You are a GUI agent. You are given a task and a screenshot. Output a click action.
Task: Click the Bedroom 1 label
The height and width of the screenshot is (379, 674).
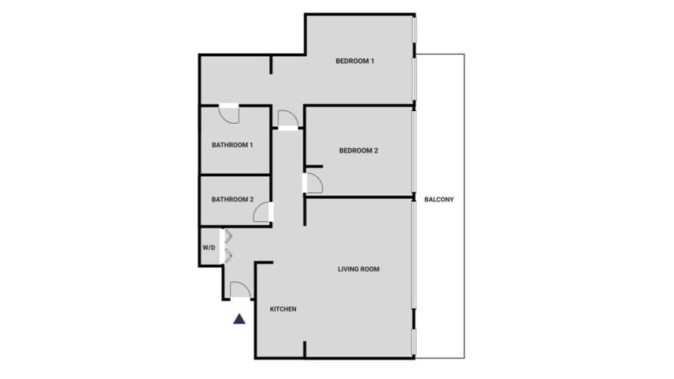coord(355,61)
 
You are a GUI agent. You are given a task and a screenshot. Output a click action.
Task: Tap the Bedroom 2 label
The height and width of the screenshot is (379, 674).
coord(358,151)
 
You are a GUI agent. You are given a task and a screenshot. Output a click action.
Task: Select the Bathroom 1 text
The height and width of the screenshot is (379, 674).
coord(232,145)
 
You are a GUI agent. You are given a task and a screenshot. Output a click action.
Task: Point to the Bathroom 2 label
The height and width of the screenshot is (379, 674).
coord(232,200)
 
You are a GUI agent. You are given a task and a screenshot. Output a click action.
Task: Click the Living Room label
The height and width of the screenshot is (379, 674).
coord(358,269)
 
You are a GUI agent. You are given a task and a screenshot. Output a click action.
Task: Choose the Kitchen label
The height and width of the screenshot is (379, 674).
coord(283,309)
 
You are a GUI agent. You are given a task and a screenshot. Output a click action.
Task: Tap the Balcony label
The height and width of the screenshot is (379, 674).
coord(439,200)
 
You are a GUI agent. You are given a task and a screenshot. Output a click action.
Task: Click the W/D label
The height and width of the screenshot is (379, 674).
coord(209,248)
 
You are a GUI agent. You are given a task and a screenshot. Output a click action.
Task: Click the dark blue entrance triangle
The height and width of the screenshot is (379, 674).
coord(240,319)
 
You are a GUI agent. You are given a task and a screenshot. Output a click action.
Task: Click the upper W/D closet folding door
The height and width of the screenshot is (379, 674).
coord(228,236)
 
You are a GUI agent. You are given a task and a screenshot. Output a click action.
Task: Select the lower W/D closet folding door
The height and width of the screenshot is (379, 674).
coord(228,256)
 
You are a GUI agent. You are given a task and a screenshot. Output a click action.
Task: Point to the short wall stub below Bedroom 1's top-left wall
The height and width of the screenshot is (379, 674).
coord(271,64)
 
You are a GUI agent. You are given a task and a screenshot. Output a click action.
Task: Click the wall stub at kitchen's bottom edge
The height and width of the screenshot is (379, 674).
coord(305,349)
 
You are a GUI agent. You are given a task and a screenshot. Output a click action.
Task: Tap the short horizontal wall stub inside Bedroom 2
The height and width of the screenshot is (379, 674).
coord(314,167)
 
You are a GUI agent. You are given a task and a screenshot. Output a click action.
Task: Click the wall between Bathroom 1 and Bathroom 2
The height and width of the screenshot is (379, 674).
coord(235,175)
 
